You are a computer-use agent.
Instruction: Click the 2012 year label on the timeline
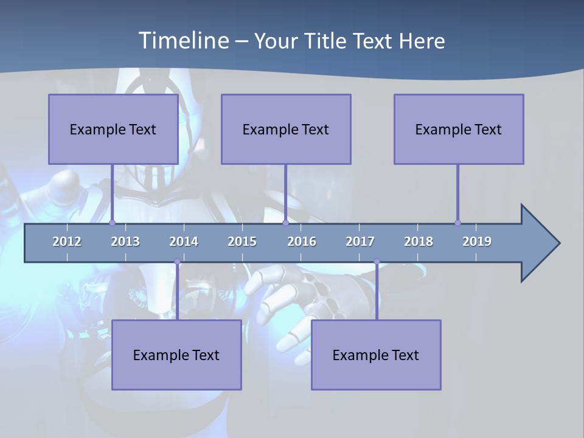pyautogui.click(x=67, y=242)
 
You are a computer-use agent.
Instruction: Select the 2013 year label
pyautogui.click(x=125, y=242)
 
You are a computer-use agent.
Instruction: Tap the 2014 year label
pyautogui.click(x=184, y=242)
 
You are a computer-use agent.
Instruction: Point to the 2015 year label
pyautogui.click(x=242, y=242)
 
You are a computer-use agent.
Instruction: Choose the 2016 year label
pyautogui.click(x=302, y=242)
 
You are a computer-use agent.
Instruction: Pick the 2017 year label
pyautogui.click(x=360, y=242)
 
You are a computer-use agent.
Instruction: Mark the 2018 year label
pyautogui.click(x=419, y=242)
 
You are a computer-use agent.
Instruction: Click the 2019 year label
pyautogui.click(x=477, y=242)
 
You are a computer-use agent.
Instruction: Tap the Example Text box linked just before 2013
pyautogui.click(x=113, y=130)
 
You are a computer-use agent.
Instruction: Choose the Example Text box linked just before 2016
pyautogui.click(x=286, y=130)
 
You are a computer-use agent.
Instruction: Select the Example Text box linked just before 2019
pyautogui.click(x=459, y=130)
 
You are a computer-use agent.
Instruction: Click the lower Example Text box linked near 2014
pyautogui.click(x=176, y=355)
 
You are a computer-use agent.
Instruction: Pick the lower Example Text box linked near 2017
pyautogui.click(x=376, y=355)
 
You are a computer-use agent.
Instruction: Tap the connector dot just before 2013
pyautogui.click(x=112, y=223)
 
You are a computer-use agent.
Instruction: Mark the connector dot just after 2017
pyautogui.click(x=377, y=262)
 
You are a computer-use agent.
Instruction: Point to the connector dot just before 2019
pyautogui.click(x=457, y=223)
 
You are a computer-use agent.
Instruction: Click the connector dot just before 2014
pyautogui.click(x=177, y=262)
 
